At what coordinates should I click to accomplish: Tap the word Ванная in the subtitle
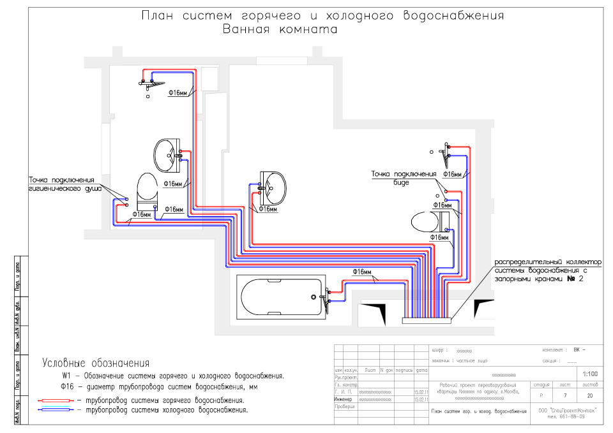pos(248,29)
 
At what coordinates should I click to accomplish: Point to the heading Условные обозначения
pos(96,363)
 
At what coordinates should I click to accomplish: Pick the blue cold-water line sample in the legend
pos(56,411)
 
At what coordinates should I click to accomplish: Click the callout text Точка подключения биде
pos(404,177)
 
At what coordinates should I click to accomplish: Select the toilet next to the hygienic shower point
pos(147,189)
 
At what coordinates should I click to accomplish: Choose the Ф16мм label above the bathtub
pos(362,272)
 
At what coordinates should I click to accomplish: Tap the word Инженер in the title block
pos(343,399)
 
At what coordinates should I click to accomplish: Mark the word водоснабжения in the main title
pos(454,15)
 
